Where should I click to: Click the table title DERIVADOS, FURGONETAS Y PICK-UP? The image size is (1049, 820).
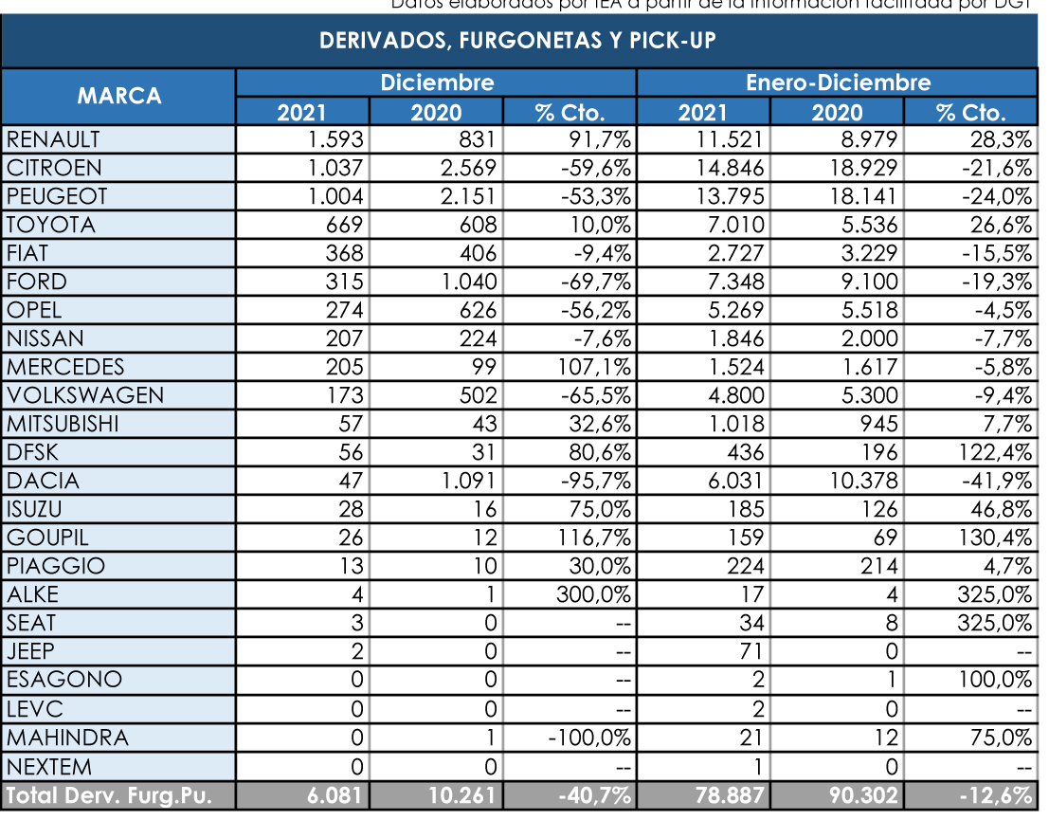[x=517, y=42]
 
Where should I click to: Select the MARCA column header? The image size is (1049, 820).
[x=118, y=96]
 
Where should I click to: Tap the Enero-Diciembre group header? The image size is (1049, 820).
[x=838, y=82]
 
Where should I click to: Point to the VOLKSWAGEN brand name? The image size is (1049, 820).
[x=85, y=395]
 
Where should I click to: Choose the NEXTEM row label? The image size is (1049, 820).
[x=51, y=765]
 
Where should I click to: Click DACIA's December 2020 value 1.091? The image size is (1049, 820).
[x=465, y=481]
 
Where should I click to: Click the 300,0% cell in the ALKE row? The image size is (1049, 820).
[x=593, y=594]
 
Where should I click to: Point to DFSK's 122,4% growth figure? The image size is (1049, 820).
[x=997, y=452]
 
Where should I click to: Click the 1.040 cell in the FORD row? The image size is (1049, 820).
[x=465, y=282]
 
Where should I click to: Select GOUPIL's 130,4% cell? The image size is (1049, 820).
[x=997, y=538]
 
